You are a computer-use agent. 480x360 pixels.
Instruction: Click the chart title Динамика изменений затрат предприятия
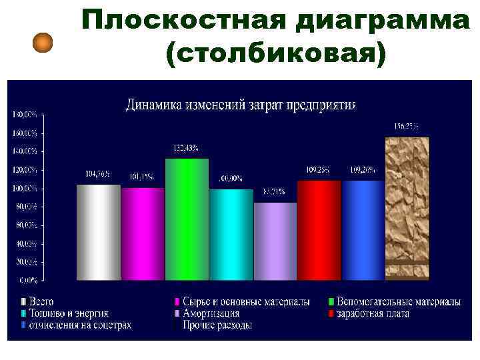click(241, 105)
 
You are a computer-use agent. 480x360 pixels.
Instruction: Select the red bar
click(319, 229)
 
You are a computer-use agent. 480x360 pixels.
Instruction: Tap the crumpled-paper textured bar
click(407, 207)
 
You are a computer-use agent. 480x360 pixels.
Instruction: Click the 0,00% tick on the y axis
click(27, 279)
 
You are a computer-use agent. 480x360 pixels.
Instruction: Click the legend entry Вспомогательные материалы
click(398, 302)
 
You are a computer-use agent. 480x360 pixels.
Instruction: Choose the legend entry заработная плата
click(373, 313)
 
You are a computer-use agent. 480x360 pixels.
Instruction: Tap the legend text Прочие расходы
click(219, 325)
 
